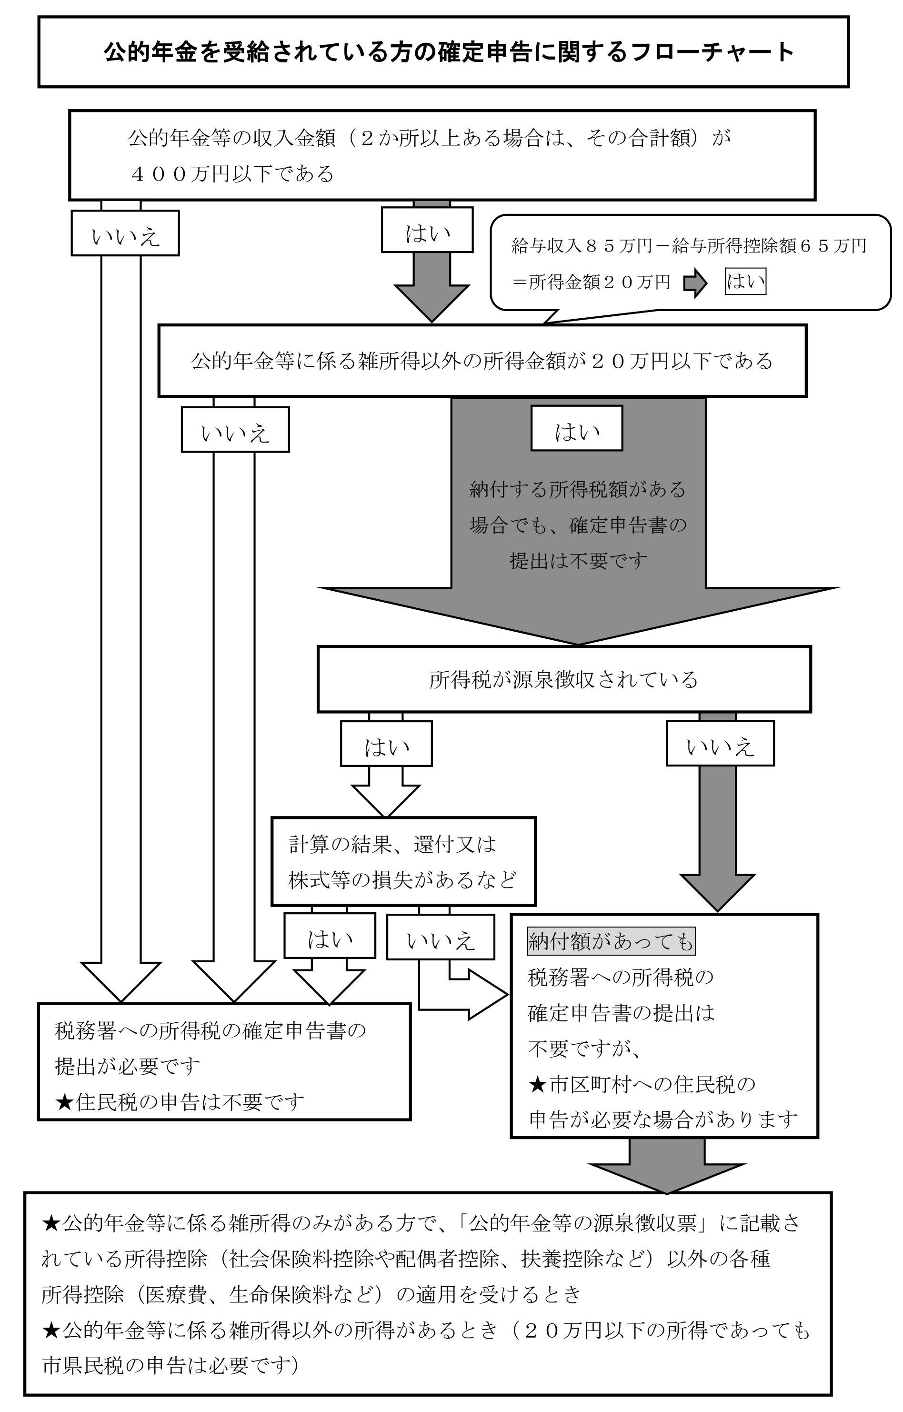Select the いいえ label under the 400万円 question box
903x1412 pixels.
(x=125, y=234)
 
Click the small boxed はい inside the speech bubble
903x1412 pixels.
(x=745, y=282)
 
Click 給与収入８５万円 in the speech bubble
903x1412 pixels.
(x=581, y=246)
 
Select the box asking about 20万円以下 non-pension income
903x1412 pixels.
(x=482, y=361)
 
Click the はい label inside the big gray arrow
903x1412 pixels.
(x=576, y=429)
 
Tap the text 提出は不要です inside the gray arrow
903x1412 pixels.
(x=578, y=561)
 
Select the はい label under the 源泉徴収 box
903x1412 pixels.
(x=386, y=744)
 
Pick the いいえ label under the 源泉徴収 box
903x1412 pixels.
(x=720, y=744)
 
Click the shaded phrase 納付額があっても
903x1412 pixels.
(x=611, y=941)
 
